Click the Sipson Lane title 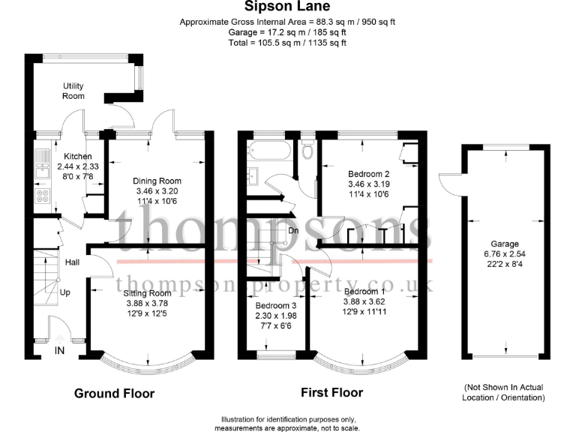click(x=287, y=6)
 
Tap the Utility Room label click(x=73, y=91)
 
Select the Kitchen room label click(x=78, y=156)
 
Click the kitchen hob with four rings click(x=43, y=196)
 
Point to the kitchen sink click(x=43, y=163)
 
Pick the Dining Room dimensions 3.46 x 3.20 click(x=157, y=191)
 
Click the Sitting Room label click(x=147, y=293)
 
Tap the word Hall click(x=72, y=262)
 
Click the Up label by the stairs click(x=65, y=292)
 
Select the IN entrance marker click(x=59, y=351)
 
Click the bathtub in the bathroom click(x=269, y=151)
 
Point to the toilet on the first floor click(x=307, y=148)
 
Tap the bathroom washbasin click(x=253, y=176)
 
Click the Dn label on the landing click(x=293, y=231)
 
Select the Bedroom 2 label click(x=368, y=174)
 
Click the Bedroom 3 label click(x=275, y=306)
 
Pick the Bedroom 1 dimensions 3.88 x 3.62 click(x=364, y=301)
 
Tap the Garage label click(x=505, y=244)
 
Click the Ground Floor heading click(x=114, y=394)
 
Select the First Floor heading click(x=331, y=392)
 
